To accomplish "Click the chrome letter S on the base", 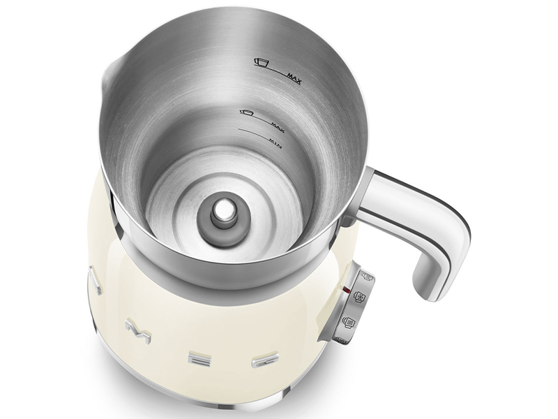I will [x=95, y=282].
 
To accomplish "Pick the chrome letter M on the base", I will [x=137, y=329].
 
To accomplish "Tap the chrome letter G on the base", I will [x=265, y=360].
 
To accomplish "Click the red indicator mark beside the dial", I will [x=346, y=287].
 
